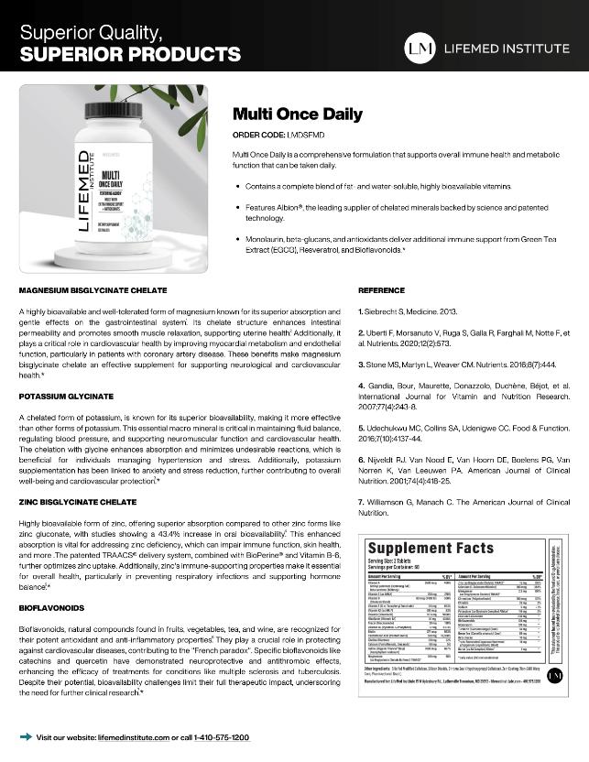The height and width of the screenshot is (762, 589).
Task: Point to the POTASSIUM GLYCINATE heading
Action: coord(66,397)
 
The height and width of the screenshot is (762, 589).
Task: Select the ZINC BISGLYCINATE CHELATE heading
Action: coord(78,503)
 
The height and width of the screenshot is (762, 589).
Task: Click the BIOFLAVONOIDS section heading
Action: coord(53,607)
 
